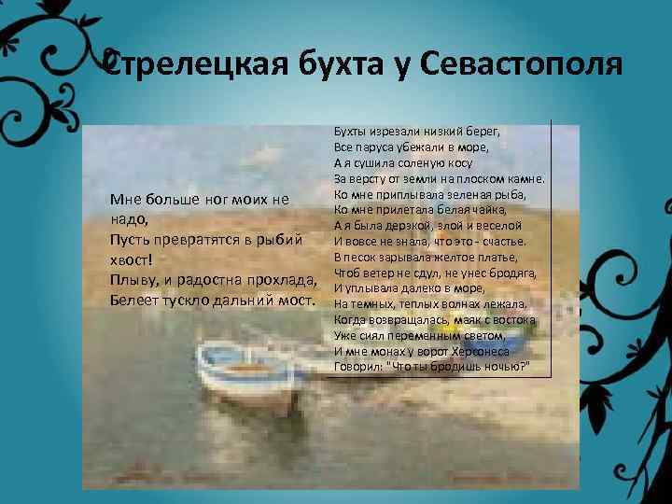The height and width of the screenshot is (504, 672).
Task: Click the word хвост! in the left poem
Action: (x=131, y=259)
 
